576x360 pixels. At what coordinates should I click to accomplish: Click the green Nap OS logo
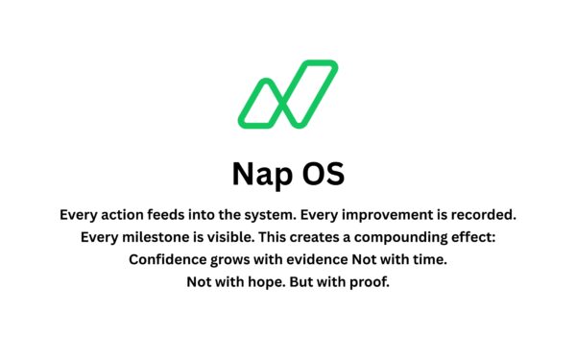click(x=288, y=94)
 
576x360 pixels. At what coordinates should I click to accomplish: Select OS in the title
click(x=322, y=173)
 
